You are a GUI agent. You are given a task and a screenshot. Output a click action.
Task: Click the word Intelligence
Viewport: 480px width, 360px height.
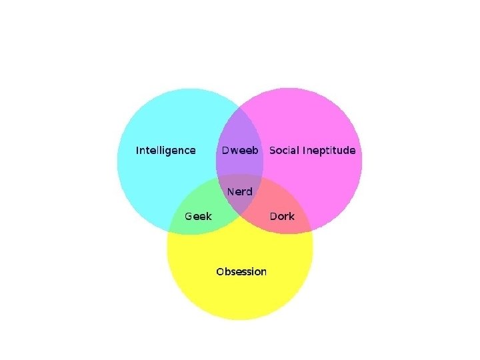[165, 151]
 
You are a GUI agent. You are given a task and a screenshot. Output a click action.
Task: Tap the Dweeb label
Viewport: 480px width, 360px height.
[239, 151]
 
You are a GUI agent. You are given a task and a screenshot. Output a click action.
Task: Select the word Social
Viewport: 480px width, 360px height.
[284, 151]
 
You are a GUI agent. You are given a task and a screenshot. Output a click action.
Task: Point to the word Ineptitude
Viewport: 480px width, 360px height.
[329, 151]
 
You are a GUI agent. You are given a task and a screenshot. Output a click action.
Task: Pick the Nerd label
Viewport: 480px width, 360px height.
[239, 192]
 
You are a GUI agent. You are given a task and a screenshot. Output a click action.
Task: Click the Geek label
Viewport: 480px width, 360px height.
[198, 217]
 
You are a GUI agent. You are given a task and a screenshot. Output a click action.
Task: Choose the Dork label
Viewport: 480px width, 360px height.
[281, 217]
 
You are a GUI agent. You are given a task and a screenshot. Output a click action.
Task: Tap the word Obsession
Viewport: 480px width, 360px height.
[241, 272]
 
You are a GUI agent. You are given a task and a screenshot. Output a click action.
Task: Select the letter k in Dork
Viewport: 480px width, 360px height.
[291, 217]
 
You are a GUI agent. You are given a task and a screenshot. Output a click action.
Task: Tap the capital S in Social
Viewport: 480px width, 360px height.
[272, 151]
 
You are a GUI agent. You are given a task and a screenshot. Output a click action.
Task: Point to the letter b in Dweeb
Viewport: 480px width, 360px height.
[255, 151]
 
